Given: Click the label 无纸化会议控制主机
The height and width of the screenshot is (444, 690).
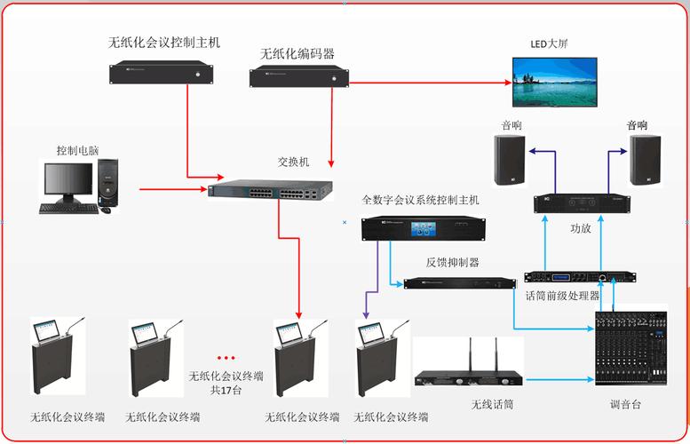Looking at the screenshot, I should click(163, 42).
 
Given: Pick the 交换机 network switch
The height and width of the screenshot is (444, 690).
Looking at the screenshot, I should click(271, 190).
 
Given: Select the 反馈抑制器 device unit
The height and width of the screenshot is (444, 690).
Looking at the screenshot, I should click(459, 283).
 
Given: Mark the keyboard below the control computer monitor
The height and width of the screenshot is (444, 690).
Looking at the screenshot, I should click(68, 209).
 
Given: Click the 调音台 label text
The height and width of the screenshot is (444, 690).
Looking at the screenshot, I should click(625, 405).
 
